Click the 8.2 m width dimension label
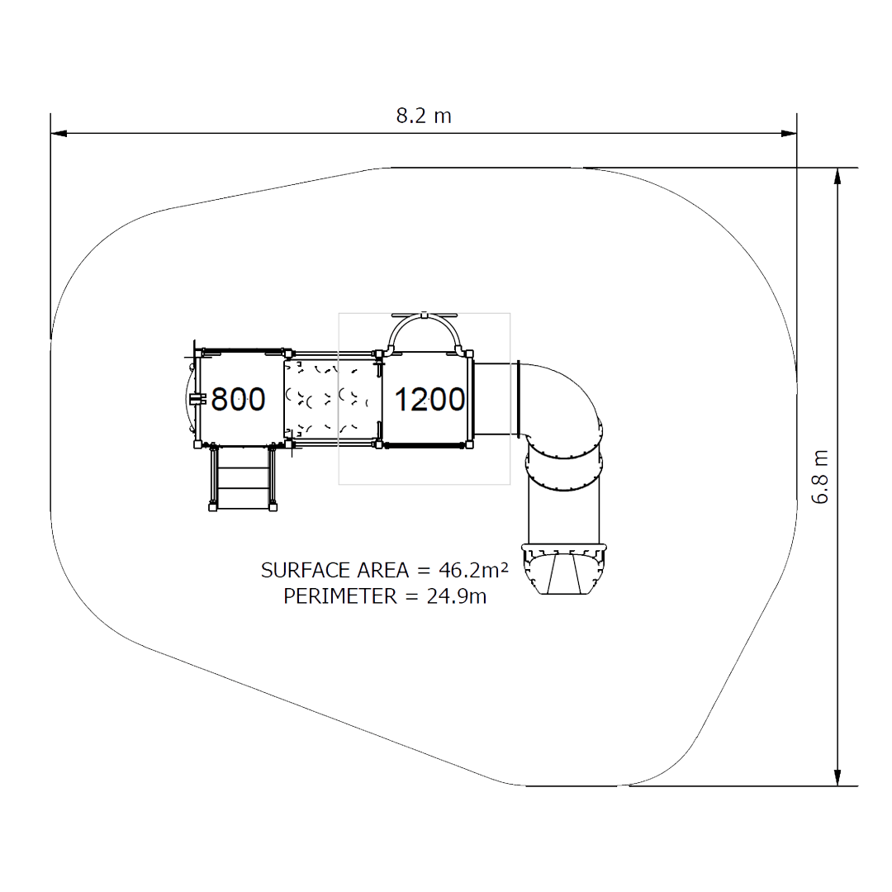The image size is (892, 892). click(x=424, y=116)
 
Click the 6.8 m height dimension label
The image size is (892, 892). click(x=820, y=477)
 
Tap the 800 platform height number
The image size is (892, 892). click(x=238, y=399)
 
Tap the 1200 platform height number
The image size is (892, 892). click(x=429, y=400)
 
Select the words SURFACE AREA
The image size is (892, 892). click(x=334, y=570)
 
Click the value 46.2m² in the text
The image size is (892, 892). click(x=473, y=569)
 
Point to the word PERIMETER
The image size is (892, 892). click(x=340, y=596)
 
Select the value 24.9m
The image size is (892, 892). click(x=457, y=596)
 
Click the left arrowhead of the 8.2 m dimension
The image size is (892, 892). click(x=59, y=134)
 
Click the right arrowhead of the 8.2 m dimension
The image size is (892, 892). click(x=789, y=134)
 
